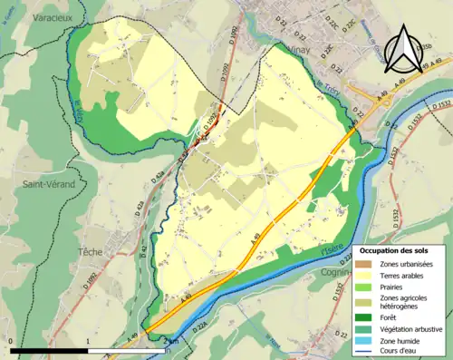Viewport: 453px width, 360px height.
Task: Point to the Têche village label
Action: [x=91, y=251]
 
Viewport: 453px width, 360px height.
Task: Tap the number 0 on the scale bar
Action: [x=10, y=342]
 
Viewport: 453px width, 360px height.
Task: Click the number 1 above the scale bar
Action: [x=87, y=342]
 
